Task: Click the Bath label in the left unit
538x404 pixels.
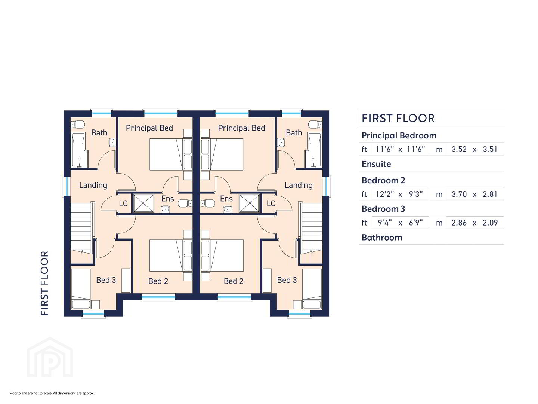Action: [x=99, y=133]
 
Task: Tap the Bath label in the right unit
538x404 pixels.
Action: [x=294, y=133]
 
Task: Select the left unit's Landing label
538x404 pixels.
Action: [x=93, y=185]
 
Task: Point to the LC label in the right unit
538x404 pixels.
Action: [x=271, y=203]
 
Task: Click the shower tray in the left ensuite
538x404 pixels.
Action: [x=143, y=203]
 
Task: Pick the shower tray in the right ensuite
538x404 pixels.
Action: [x=249, y=203]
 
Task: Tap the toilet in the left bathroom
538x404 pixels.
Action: [x=78, y=124]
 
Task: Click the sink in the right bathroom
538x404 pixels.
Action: [x=281, y=142]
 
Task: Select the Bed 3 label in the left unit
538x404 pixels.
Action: [x=106, y=280]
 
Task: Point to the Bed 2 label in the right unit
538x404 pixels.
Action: [x=234, y=281]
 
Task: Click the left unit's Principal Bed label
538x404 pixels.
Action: [x=149, y=128]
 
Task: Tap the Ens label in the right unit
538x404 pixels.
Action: [x=226, y=198]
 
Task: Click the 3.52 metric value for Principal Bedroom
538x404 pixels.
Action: [x=459, y=149]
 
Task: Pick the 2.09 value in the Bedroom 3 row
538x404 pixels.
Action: [x=490, y=223]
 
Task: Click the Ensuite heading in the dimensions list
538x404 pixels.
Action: [x=376, y=164]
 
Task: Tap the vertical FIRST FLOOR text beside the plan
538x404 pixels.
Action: [x=44, y=283]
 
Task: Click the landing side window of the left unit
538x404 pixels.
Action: [x=66, y=186]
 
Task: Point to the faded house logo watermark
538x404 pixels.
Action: [x=50, y=357]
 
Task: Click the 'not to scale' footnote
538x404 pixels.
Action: [x=52, y=393]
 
